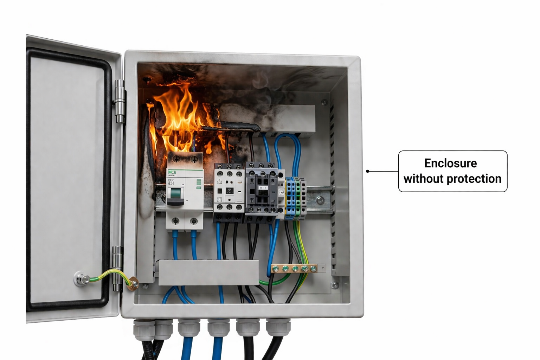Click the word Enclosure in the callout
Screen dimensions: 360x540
point(450,163)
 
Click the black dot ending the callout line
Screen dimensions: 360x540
point(367,171)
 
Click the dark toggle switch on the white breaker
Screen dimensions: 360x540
point(175,197)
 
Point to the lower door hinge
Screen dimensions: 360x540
point(117,269)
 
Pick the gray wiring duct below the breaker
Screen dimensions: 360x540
point(208,272)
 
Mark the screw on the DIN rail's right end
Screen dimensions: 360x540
point(320,200)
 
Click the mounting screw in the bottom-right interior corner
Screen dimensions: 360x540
point(335,284)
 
